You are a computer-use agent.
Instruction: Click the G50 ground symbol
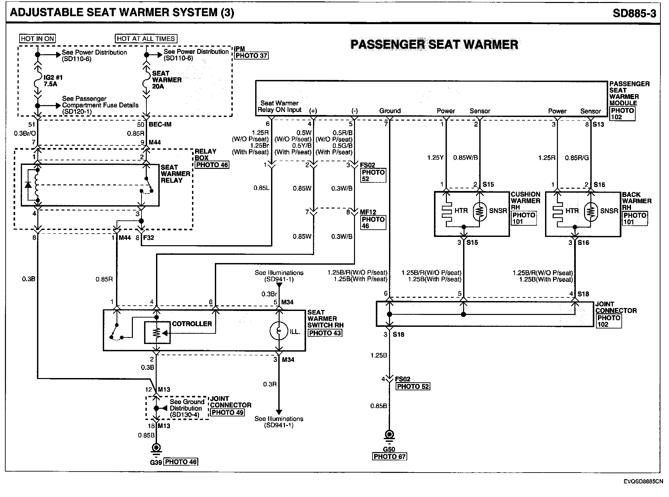[x=390, y=435]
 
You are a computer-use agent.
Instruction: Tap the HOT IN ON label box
[x=37, y=39]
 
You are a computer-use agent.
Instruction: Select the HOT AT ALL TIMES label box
[x=146, y=39]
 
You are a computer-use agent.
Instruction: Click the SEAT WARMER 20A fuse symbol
[x=146, y=79]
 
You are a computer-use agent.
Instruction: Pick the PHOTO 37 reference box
[x=251, y=56]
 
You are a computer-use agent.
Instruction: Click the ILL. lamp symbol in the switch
[x=279, y=330]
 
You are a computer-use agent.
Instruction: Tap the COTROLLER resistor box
[x=157, y=332]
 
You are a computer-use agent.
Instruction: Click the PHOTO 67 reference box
[x=389, y=457]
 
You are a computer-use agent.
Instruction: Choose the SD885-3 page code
[x=634, y=13]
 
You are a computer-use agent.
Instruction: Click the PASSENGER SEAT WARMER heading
[x=434, y=45]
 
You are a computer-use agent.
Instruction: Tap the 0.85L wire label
[x=261, y=188]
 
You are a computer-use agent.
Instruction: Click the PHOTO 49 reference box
[x=227, y=412]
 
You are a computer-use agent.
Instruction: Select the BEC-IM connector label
[x=160, y=125]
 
